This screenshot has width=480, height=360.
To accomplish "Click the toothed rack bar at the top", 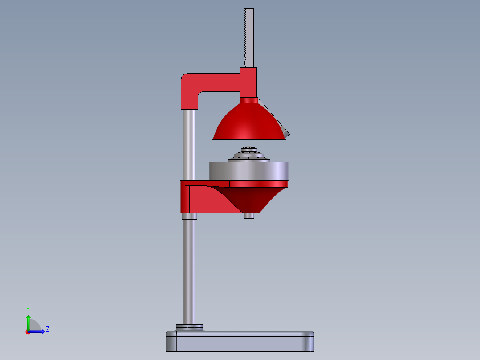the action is coord(249,38).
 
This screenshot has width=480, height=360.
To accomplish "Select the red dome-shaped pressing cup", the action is coord(249,122).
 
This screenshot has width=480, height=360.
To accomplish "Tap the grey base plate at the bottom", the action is coord(240,341).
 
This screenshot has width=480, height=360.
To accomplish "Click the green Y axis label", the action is coord(28,310).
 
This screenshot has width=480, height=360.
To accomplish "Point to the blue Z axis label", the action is coord(48,329).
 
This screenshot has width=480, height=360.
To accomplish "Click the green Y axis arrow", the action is coord(28,323).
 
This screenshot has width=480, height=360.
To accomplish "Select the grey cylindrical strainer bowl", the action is coord(249,171).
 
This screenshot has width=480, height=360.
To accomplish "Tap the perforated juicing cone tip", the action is coord(249,149).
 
